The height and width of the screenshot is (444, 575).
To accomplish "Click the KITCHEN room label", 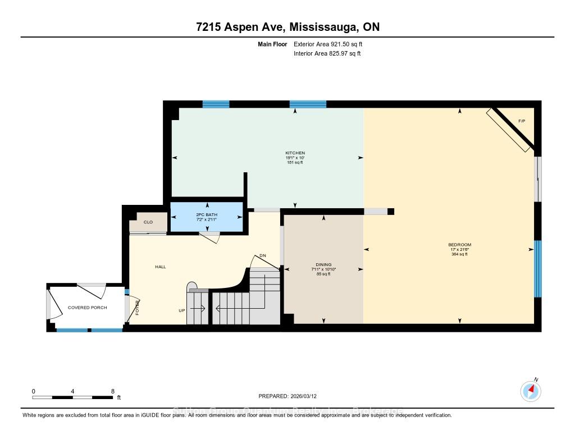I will [x=295, y=153].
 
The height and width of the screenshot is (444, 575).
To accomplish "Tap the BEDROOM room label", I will [x=459, y=245].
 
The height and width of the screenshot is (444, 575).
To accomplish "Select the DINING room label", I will [x=323, y=264].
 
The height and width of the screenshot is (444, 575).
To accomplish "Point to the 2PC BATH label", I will [x=207, y=215].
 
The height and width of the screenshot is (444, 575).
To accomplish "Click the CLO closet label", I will [x=148, y=222].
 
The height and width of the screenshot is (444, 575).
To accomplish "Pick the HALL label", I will [x=161, y=267].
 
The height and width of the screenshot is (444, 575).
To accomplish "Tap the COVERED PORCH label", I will [x=87, y=308].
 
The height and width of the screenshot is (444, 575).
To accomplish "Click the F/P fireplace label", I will [x=521, y=121].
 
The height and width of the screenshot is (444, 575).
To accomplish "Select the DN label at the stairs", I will [x=262, y=256].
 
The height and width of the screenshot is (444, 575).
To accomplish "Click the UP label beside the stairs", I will [x=181, y=310].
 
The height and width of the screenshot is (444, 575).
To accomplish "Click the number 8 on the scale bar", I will [x=113, y=391].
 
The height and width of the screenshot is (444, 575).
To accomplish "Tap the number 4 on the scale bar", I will [x=73, y=391].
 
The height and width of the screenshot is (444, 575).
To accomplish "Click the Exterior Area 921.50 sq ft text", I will [x=331, y=44].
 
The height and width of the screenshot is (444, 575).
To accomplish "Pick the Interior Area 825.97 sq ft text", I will [x=327, y=54].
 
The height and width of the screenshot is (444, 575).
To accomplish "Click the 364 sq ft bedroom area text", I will [x=459, y=254].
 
